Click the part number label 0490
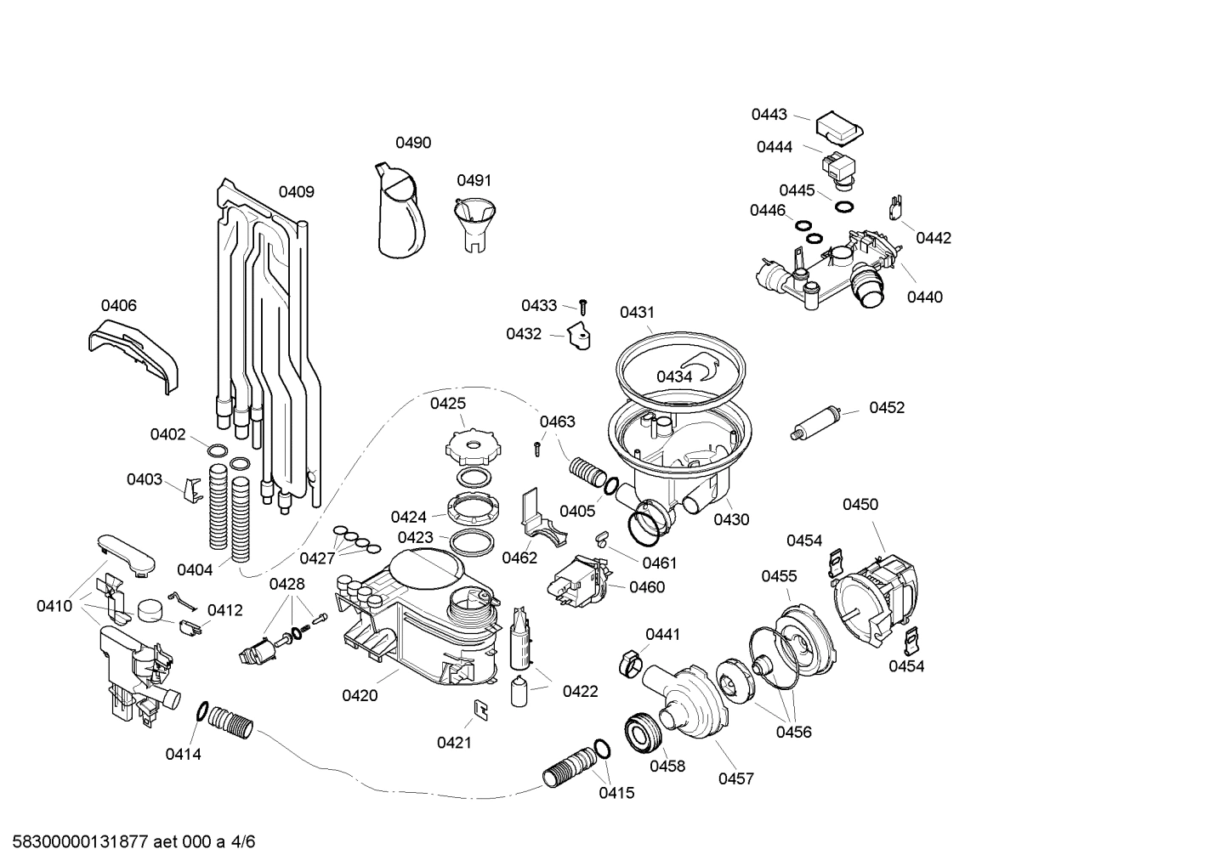tap(413, 143)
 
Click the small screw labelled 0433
tap(584, 305)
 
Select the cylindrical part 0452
tap(817, 422)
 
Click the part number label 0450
tap(860, 505)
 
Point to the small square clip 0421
tap(480, 709)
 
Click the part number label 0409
tap(297, 192)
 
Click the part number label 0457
tap(736, 778)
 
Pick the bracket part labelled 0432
tap(580, 337)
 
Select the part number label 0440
tap(924, 297)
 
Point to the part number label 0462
tap(519, 558)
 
